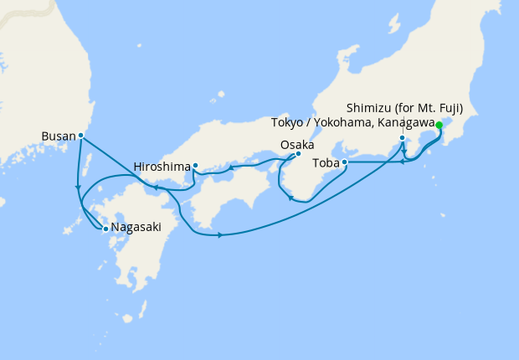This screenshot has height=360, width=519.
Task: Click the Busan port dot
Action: coord(80,135)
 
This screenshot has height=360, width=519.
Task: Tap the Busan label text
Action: coord(59,135)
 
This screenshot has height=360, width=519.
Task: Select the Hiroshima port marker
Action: coord(195,165)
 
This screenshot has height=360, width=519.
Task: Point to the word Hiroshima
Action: coord(162,167)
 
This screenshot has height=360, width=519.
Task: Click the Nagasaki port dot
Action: coord(105,228)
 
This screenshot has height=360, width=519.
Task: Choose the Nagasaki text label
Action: coord(136,228)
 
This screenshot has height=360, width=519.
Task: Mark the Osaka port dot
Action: coord(298,153)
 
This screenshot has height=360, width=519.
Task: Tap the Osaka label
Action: coord(297,144)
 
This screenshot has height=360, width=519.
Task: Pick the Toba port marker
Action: coord(345,162)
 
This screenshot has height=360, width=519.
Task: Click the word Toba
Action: coord(326,162)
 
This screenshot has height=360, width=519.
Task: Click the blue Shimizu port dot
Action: coord(403,138)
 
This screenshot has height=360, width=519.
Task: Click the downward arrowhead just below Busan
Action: coord(78,186)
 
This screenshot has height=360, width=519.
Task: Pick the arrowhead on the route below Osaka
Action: coord(290,198)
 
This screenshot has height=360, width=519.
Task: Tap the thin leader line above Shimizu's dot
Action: coord(403,130)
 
